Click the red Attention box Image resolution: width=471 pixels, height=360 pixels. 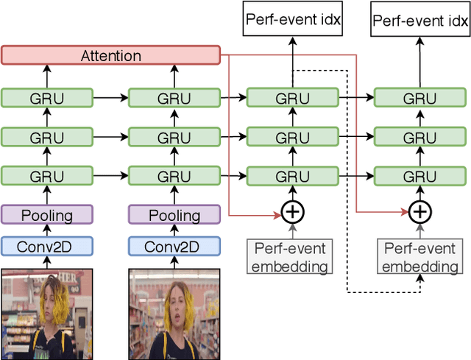click(x=110, y=55)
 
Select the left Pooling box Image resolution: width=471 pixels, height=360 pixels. click(x=47, y=215)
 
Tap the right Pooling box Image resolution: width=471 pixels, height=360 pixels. click(x=174, y=215)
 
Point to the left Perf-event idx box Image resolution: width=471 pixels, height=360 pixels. click(x=293, y=19)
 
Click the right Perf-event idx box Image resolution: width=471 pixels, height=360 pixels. click(x=419, y=19)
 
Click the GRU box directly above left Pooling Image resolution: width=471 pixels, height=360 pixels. click(x=47, y=177)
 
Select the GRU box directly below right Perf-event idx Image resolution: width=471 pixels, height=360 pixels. click(x=419, y=99)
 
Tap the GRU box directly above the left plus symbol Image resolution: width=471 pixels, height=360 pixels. click(x=293, y=177)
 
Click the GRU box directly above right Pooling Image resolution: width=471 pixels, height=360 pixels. click(x=174, y=177)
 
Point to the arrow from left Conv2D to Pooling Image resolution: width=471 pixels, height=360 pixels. click(x=47, y=230)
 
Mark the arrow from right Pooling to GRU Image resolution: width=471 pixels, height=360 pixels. click(x=174, y=195)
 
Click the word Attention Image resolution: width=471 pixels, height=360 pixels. click(x=110, y=55)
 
